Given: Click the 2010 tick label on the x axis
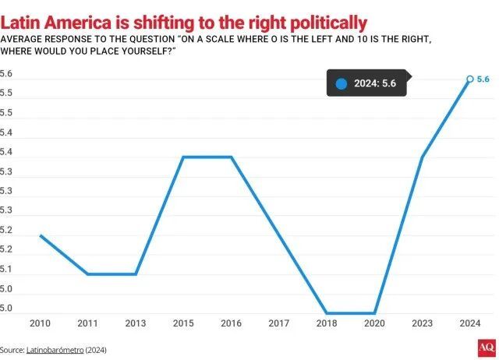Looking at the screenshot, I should click(x=40, y=322).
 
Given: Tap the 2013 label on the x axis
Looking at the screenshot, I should click(x=136, y=322).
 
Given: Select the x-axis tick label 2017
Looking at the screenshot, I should click(x=278, y=322).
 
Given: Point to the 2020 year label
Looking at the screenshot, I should click(x=374, y=322).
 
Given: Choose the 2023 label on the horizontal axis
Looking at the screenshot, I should click(x=422, y=322).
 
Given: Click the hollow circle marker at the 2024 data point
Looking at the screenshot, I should click(x=469, y=79).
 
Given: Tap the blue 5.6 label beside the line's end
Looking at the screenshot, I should click(x=483, y=79).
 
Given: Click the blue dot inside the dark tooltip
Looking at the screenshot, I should click(x=341, y=84).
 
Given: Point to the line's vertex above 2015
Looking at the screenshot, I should click(x=183, y=157).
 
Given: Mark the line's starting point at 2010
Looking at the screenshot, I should click(x=40, y=235).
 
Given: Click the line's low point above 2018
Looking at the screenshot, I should click(x=327, y=313).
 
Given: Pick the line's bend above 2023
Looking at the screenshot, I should click(x=422, y=157).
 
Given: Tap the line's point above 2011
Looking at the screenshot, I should click(x=87, y=274).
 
